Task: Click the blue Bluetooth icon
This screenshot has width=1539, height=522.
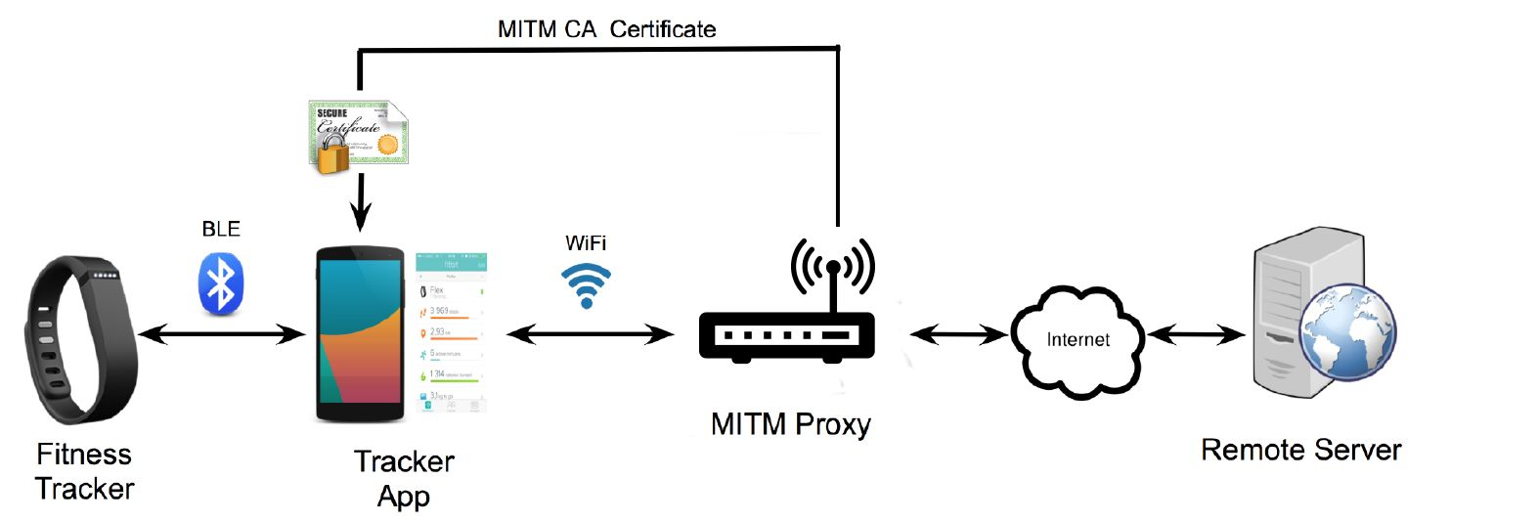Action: [221, 284]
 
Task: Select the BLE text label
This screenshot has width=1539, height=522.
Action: [221, 229]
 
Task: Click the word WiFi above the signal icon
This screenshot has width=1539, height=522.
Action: [586, 242]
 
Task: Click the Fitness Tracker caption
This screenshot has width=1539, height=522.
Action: [84, 471]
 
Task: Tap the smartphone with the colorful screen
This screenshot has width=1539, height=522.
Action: [360, 334]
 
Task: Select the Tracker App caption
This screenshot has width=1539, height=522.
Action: [404, 478]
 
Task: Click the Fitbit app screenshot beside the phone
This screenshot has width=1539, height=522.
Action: [451, 332]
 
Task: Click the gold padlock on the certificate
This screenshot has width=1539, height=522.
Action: [331, 154]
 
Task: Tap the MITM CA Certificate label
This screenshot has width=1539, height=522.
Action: [606, 29]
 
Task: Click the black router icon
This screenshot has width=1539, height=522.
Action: [787, 332]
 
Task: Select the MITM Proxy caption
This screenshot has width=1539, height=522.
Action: [790, 424]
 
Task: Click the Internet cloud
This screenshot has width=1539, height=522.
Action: [1077, 340]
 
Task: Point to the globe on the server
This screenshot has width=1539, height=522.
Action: [1347, 332]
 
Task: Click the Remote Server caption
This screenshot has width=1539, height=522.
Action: [1300, 450]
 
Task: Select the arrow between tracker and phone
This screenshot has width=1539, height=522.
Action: [222, 335]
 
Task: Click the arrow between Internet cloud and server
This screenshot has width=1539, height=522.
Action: [1196, 335]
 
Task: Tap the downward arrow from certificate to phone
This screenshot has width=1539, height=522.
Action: [361, 203]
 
